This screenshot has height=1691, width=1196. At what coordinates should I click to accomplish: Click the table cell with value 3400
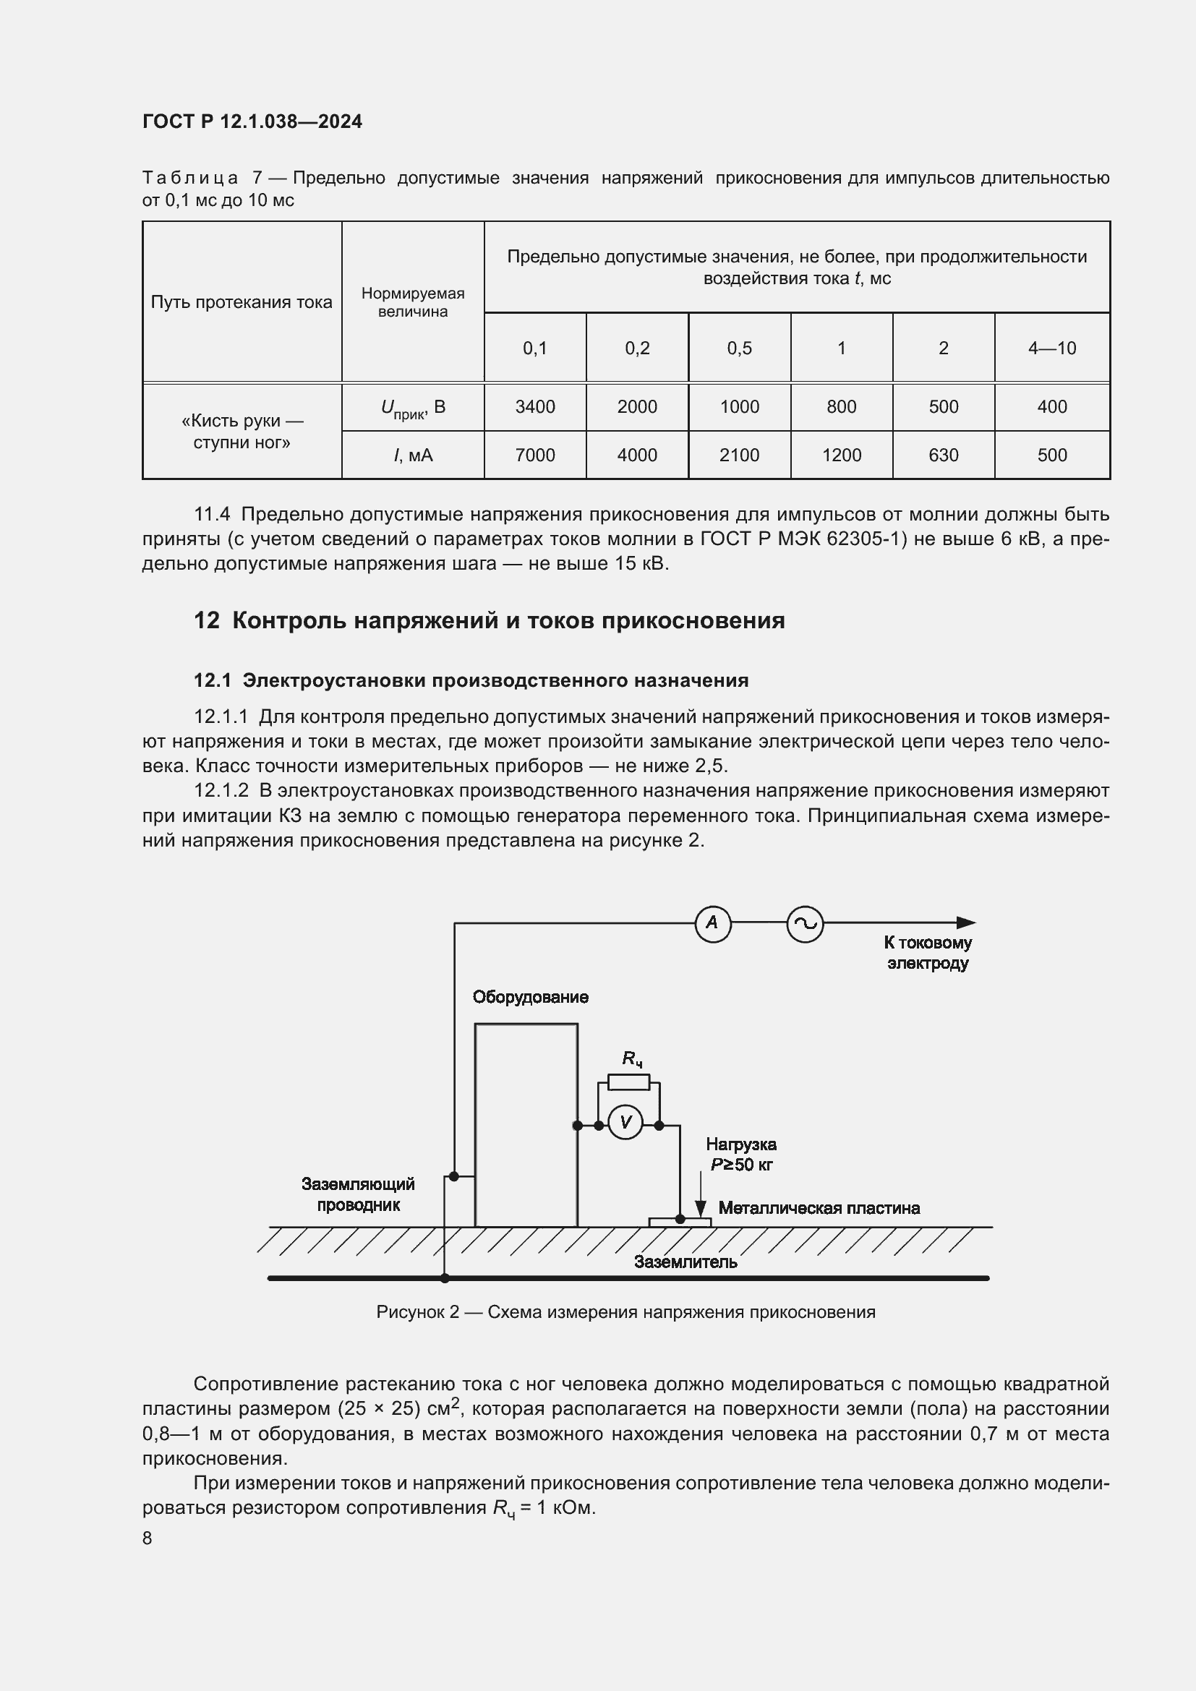534,406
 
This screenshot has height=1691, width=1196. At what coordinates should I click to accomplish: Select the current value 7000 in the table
534,455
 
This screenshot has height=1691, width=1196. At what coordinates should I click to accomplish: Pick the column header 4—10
1051,348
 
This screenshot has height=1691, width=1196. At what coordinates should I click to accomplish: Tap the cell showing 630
943,455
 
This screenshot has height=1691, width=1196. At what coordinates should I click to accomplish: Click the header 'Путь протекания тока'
242,302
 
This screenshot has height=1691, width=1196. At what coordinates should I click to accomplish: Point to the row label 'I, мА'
412,455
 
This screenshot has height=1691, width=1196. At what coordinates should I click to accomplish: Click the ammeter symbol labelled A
712,922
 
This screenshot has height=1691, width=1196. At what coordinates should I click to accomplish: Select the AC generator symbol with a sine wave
805,923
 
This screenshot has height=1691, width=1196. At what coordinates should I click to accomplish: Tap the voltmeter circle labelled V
626,1123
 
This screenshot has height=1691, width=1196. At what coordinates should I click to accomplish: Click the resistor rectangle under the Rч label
628,1082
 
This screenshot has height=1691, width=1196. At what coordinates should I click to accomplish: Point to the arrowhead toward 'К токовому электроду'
965,922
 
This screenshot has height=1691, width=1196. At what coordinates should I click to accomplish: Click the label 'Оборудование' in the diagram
530,997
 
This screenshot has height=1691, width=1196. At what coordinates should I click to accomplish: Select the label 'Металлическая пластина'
819,1208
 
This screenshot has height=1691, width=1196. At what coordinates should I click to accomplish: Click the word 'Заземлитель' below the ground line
685,1262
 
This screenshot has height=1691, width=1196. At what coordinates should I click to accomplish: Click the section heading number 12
206,621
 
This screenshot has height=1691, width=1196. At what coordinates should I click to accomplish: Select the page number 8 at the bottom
148,1538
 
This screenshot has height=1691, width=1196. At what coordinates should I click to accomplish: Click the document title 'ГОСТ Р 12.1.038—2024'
252,121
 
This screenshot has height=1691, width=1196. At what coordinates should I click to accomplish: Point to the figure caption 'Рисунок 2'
417,1311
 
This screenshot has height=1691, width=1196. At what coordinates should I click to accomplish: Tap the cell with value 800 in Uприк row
841,406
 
